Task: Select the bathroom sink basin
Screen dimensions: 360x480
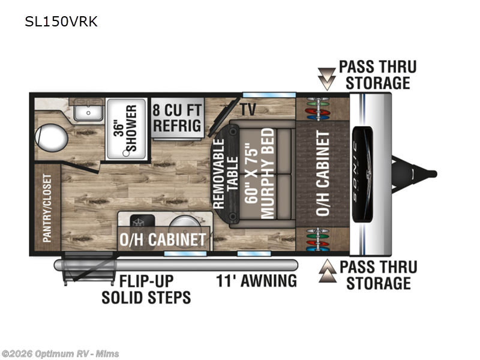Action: (89, 112)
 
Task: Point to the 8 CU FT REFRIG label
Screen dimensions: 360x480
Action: (177, 118)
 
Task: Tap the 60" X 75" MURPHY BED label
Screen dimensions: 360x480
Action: (259, 174)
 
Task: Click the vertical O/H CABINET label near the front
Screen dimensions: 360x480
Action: (323, 174)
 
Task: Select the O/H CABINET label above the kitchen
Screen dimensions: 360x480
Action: (164, 239)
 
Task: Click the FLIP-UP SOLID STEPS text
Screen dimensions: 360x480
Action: (146, 289)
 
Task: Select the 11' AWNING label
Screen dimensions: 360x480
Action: (257, 280)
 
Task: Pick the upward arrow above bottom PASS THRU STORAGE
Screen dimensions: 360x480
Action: (327, 273)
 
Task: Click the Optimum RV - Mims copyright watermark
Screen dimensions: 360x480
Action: (60, 353)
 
